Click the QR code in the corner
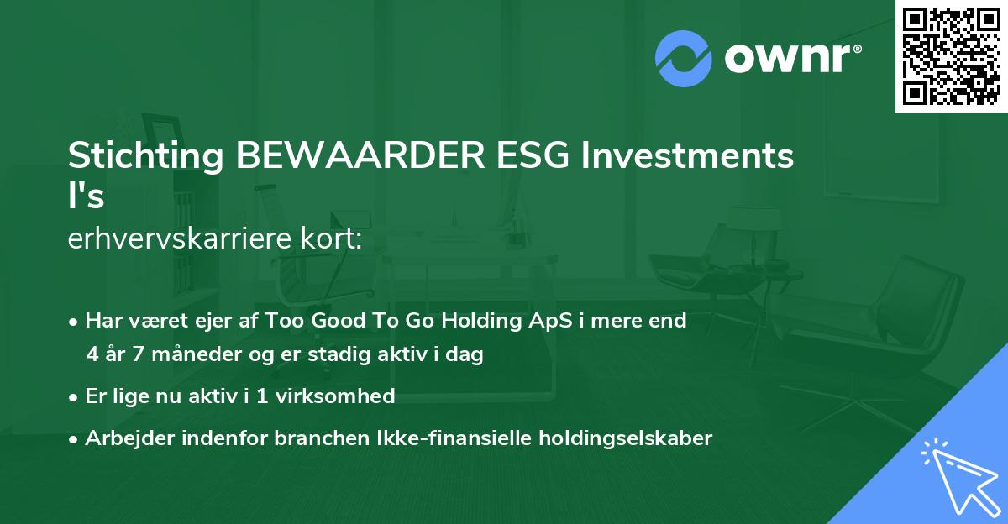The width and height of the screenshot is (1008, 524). click(x=952, y=56)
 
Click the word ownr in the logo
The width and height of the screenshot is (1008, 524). click(x=791, y=58)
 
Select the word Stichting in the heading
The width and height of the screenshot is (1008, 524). click(x=145, y=156)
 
